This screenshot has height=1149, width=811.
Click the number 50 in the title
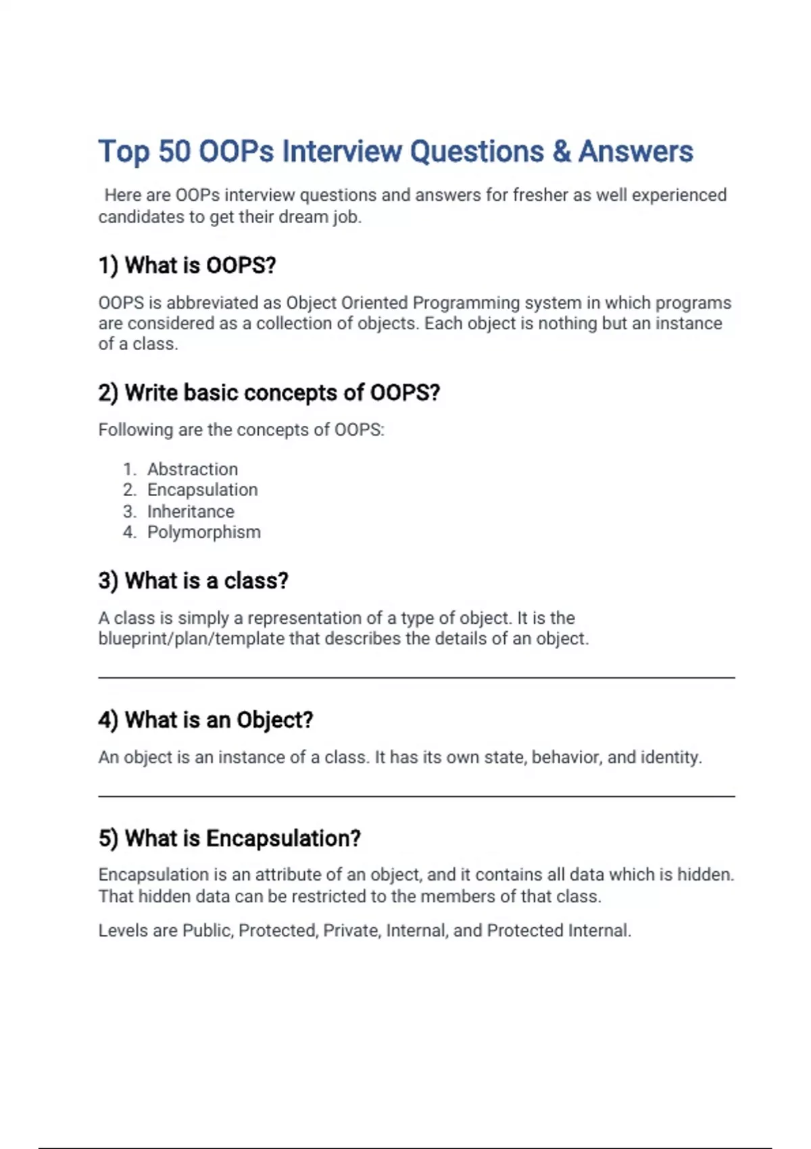click(174, 151)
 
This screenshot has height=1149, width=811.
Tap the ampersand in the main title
click(561, 151)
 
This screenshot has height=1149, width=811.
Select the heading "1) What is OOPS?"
click(187, 265)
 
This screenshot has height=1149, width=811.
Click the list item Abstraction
click(193, 469)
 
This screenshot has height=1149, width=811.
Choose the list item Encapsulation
click(202, 490)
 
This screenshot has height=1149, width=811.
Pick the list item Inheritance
click(191, 512)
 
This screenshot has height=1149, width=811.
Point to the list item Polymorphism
click(203, 533)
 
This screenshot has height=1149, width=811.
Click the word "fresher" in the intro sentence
click(540, 195)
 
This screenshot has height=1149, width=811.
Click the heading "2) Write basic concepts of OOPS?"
click(269, 393)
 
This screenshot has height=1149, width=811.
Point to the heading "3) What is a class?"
click(193, 581)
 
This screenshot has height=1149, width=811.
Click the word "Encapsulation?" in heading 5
click(283, 838)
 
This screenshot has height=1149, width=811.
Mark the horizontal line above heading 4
click(416, 677)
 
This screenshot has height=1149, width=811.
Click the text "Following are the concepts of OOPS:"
click(241, 430)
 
